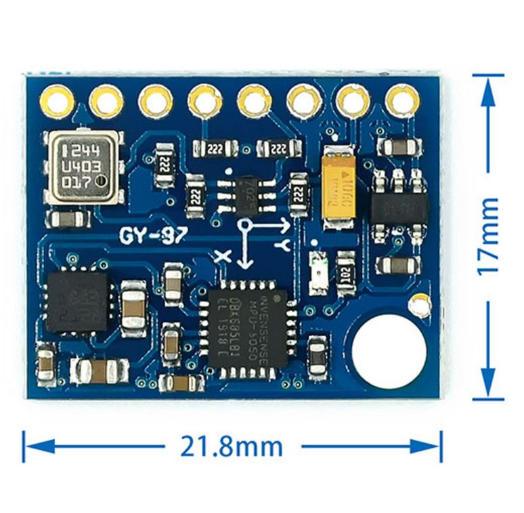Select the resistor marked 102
(346, 273)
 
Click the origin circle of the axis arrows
(245, 224)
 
